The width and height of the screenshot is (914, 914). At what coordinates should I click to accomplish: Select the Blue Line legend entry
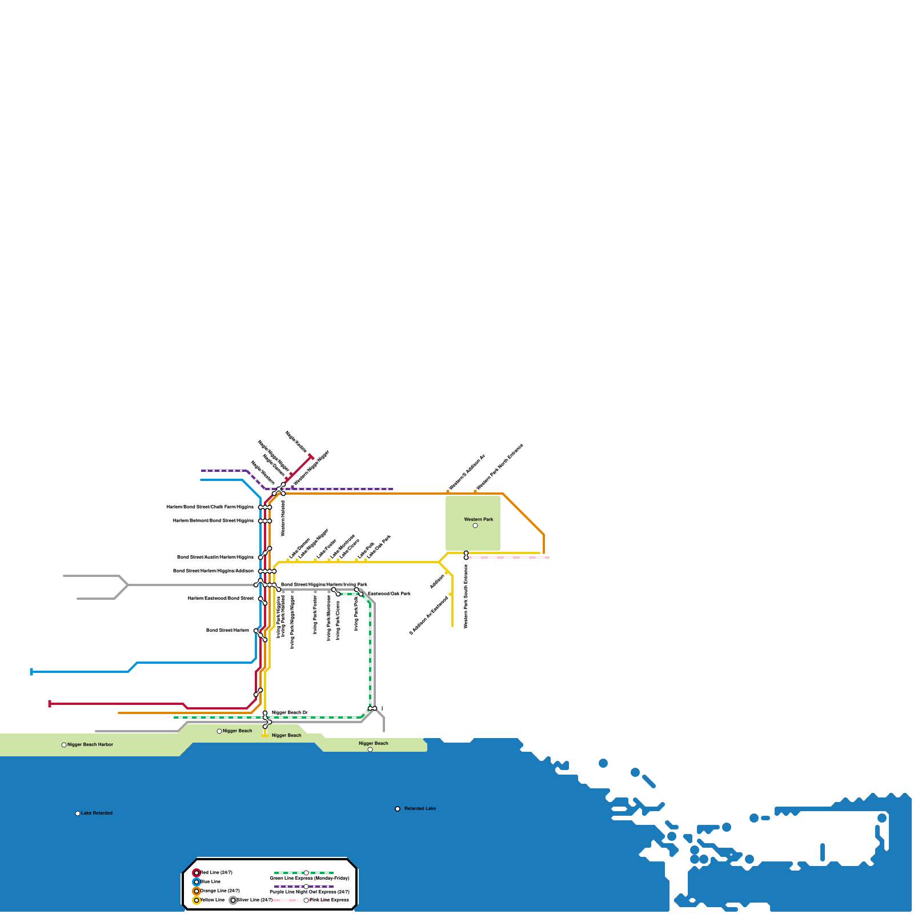tap(210, 881)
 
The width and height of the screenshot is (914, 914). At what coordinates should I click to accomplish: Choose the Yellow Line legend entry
tap(212, 900)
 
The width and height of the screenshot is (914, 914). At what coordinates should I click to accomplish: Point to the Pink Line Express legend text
tap(329, 900)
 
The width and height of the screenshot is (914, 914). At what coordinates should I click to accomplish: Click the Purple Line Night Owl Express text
tap(309, 892)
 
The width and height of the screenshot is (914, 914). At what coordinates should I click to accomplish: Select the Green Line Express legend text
tap(309, 878)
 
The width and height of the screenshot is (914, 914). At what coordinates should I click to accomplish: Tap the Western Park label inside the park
tap(478, 519)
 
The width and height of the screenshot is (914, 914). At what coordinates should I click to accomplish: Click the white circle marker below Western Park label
tap(475, 526)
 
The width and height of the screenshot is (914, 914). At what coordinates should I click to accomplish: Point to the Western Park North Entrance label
tap(499, 467)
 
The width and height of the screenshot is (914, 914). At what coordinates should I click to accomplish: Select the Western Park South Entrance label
tap(466, 596)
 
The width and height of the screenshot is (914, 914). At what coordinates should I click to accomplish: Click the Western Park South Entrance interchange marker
tap(466, 555)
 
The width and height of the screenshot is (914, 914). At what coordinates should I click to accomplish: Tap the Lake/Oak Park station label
tap(378, 547)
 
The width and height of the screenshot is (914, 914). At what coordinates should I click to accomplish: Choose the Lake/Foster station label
tap(326, 549)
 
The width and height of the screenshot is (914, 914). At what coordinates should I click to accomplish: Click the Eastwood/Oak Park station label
tap(388, 594)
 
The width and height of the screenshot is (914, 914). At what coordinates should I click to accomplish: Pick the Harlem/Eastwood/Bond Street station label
tap(221, 598)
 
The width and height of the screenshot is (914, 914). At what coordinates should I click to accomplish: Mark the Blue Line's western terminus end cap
tap(31, 672)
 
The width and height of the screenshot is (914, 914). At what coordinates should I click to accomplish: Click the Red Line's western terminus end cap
tap(50, 704)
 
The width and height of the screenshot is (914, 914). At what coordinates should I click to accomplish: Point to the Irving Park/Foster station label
tap(315, 615)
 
